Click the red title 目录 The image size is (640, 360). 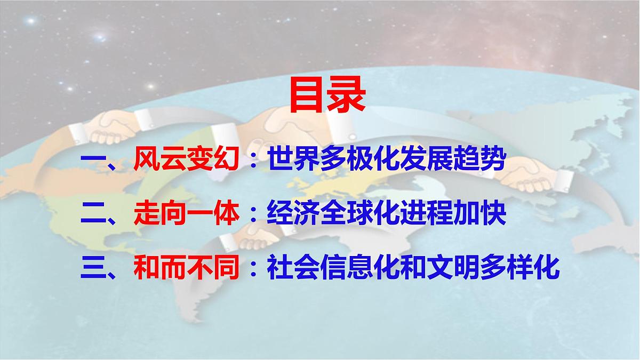pyautogui.click(x=327, y=97)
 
